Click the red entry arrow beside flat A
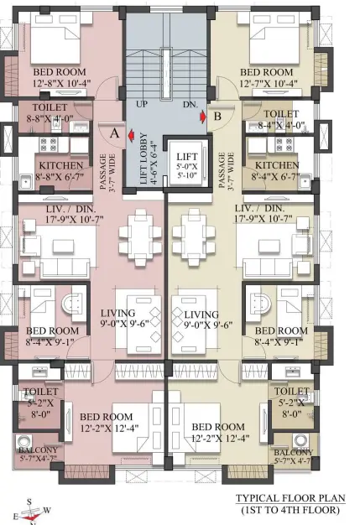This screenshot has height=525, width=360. [x=131, y=135]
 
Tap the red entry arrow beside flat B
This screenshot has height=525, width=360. [x=203, y=117]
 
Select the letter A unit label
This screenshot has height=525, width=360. [x=115, y=133]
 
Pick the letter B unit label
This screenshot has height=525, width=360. [x=217, y=117]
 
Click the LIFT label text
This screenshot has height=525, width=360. [x=187, y=156]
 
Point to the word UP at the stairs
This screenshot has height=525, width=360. [x=142, y=104]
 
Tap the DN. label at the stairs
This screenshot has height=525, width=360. [x=190, y=104]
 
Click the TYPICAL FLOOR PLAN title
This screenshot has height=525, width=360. [x=290, y=498]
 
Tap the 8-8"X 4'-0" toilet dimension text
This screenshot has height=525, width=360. [x=50, y=118]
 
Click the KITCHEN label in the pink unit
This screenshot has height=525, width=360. [x=61, y=166]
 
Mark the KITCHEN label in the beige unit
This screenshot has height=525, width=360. [x=277, y=165]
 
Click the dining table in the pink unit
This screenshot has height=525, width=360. [x=141, y=237]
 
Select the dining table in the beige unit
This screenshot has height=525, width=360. [x=193, y=237]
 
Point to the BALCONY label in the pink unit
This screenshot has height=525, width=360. [x=38, y=450]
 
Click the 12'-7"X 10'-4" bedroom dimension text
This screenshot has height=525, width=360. [x=269, y=83]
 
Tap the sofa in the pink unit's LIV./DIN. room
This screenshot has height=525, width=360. [x=65, y=268]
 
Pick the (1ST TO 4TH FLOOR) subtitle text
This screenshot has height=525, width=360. [x=290, y=510]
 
